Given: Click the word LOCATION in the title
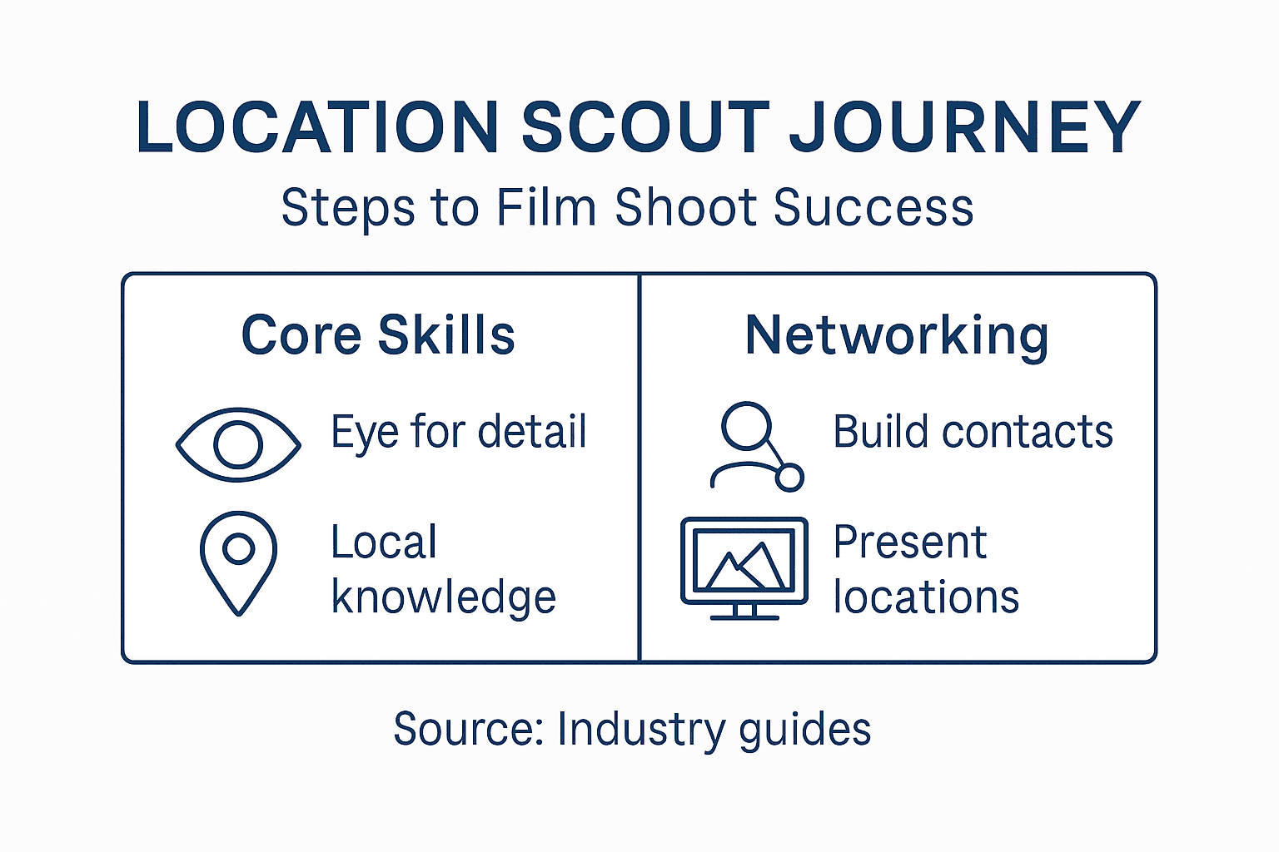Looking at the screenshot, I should pos(317,128).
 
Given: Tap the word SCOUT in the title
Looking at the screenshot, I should pos(645,128).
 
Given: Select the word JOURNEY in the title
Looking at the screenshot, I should pos(964,128).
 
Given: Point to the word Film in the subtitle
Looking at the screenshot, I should pos(545,207).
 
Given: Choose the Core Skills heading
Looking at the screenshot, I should pos(378,335).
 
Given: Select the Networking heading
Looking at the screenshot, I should pos(897,335).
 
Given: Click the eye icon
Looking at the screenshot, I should pos(238,444).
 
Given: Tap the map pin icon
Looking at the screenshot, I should pos(238,562).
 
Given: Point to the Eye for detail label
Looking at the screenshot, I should pos(459,432).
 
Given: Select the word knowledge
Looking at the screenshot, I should pos(443,597).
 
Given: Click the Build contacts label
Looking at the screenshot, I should pos(973,432).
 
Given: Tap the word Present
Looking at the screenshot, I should pos(909,542).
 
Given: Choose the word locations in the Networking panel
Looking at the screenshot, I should pos(926,597).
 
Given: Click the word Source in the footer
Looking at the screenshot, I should pos(466,729).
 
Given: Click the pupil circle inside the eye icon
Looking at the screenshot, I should pos(238,444).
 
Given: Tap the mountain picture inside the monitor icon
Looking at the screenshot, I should pos(744,561).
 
